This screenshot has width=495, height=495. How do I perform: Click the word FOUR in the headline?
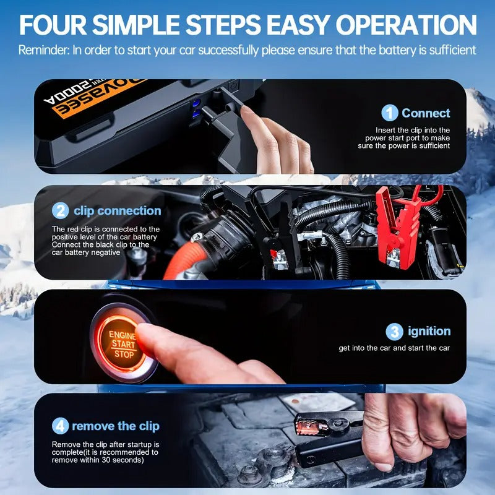53,25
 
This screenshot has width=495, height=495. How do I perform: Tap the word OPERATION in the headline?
406,25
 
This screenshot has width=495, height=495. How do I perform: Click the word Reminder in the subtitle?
44,50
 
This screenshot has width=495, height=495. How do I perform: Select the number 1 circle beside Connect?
390,113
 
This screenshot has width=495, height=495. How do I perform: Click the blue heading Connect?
426,113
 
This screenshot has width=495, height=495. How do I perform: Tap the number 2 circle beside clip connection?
60,210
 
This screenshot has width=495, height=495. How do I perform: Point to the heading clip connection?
118,211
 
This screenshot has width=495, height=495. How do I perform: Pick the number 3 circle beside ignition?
394,332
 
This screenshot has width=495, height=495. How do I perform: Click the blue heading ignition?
429,331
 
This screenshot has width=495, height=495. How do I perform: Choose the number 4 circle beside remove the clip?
60,426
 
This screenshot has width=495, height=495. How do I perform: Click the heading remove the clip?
116,426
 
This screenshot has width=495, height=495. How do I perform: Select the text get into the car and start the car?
394,348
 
